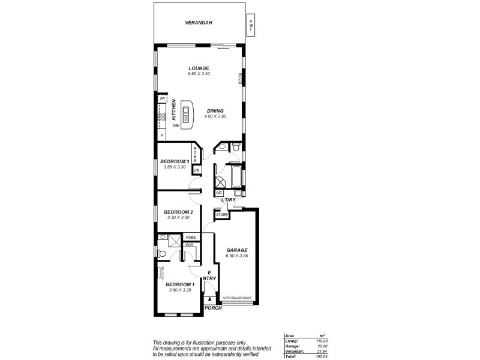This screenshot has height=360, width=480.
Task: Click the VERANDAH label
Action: pyautogui.click(x=198, y=23)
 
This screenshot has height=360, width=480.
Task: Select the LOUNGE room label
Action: pyautogui.click(x=198, y=68)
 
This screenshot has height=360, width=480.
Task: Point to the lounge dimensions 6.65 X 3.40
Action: pyautogui.click(x=198, y=74)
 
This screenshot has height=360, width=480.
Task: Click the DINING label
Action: pyautogui.click(x=215, y=110)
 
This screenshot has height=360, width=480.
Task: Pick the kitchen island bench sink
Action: pyautogui.click(x=185, y=112)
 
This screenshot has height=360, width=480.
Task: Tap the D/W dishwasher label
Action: pyautogui.click(x=176, y=125)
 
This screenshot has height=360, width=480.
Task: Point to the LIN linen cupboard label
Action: pyautogui.click(x=196, y=170)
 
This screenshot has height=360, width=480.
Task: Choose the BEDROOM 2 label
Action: pyautogui.click(x=178, y=212)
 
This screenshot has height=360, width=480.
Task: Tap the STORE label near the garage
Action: pyautogui.click(x=222, y=214)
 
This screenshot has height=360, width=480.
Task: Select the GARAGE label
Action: pyautogui.click(x=236, y=250)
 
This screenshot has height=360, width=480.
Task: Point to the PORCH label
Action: pyautogui.click(x=213, y=308)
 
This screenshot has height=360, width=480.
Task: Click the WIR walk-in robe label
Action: pyautogui.click(x=188, y=245)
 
